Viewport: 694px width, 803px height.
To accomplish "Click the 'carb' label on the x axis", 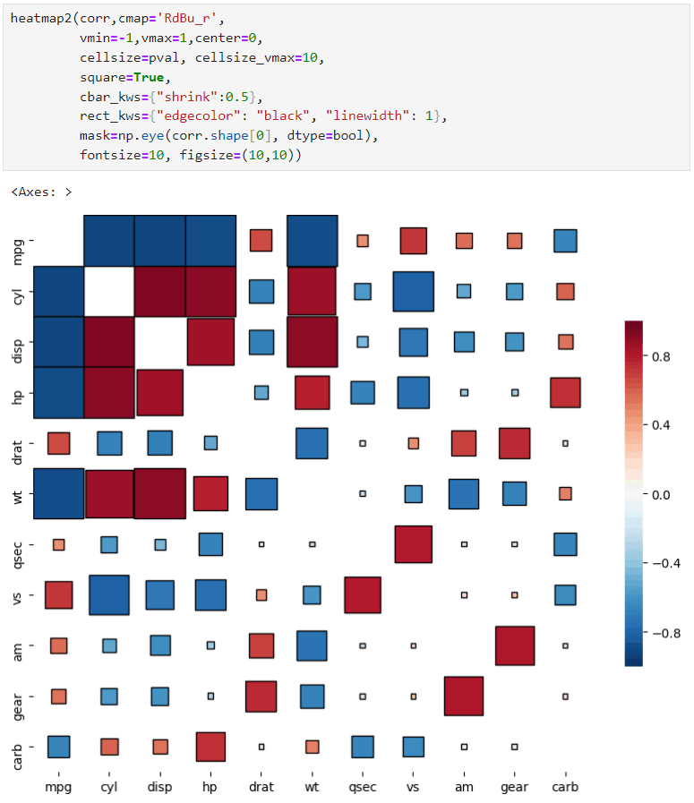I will [x=565, y=787].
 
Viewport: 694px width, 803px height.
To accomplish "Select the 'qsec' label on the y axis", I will [x=20, y=544].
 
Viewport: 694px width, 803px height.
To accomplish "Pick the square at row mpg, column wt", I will [x=313, y=241].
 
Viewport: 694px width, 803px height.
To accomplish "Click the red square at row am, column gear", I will [x=514, y=645].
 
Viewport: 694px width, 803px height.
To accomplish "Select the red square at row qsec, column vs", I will [x=413, y=544].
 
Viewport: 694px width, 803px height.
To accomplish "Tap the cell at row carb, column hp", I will [x=210, y=747].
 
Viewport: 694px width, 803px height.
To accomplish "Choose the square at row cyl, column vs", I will [x=413, y=292].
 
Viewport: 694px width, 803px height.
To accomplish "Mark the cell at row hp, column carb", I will [x=565, y=392].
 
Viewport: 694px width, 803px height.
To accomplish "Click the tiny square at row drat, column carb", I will [x=565, y=443].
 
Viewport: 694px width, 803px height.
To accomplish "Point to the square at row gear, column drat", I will [x=261, y=696].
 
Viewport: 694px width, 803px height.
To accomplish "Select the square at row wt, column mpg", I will [x=58, y=493].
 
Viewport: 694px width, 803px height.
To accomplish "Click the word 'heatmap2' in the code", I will [x=39, y=18].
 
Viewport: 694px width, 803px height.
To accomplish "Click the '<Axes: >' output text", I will [x=41, y=192].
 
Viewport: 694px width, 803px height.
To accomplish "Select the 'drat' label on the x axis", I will [x=261, y=787].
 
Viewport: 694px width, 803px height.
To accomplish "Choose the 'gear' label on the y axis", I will [x=20, y=696].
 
